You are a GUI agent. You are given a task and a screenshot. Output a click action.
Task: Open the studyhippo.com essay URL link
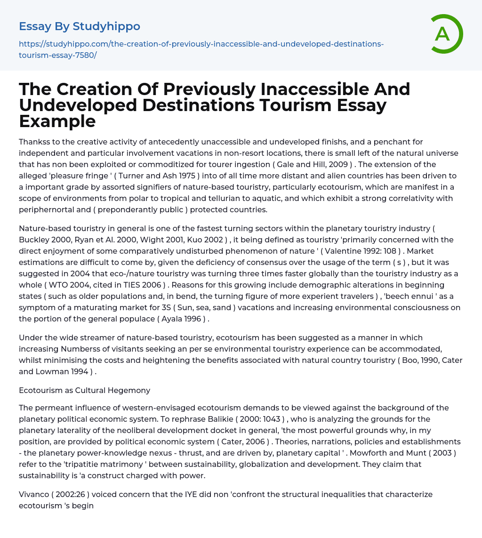tap(201, 49)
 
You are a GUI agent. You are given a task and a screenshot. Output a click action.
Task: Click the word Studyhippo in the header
tap(106, 26)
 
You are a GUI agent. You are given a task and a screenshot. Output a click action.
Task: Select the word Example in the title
tap(57, 121)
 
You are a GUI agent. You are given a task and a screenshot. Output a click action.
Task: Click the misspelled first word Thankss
tap(36, 142)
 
